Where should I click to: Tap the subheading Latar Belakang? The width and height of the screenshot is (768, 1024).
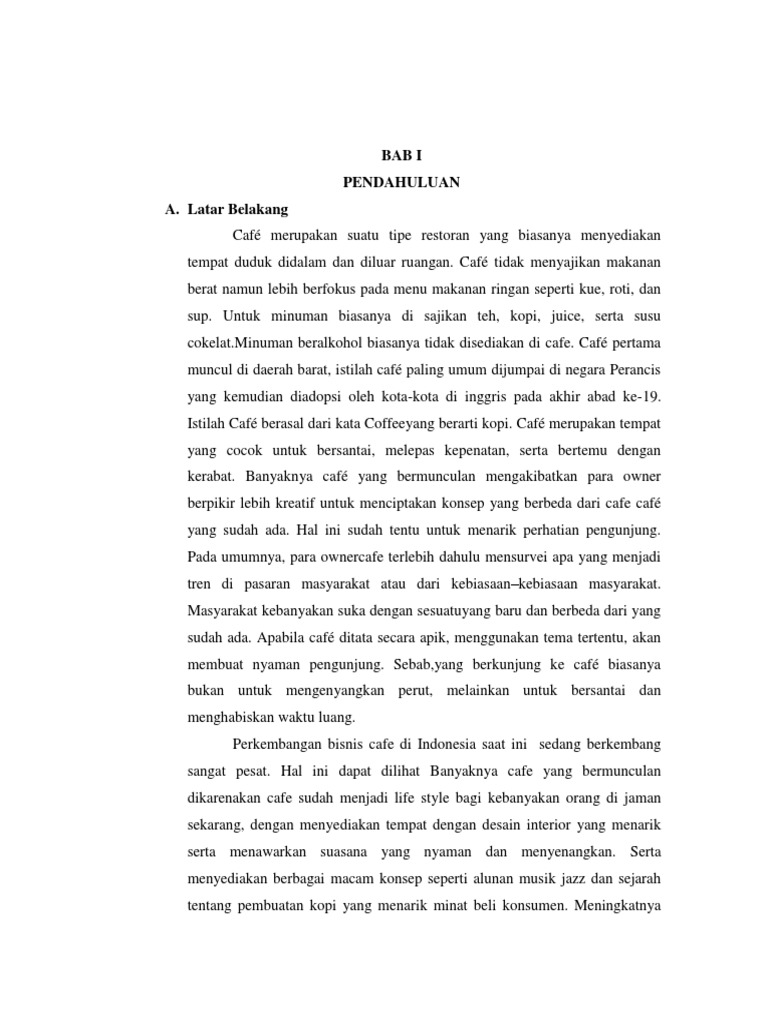point(237,209)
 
